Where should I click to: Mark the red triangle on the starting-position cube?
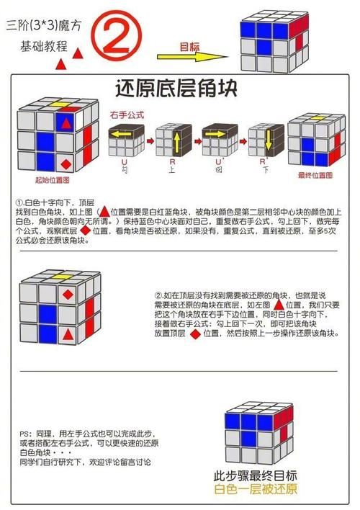tap(66, 122)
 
